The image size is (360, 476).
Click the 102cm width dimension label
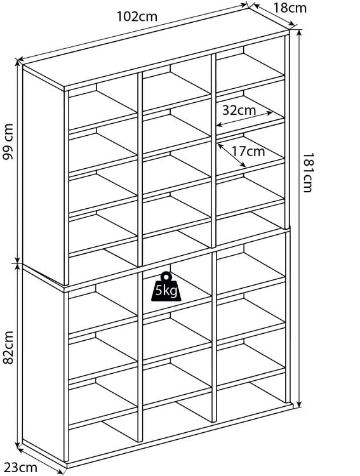click(x=137, y=16)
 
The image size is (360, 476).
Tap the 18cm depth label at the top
click(x=290, y=8)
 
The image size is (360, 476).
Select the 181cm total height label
click(x=308, y=173)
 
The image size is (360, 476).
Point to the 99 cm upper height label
click(x=8, y=142)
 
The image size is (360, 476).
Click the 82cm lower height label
click(x=8, y=347)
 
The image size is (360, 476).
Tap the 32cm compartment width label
click(x=239, y=110)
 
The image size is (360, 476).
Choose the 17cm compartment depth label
click(x=248, y=151)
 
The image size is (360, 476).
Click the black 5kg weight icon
click(x=166, y=287)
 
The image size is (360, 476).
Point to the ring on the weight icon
click(x=166, y=276)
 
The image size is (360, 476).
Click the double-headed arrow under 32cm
click(x=244, y=119)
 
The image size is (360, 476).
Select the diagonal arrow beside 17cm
click(x=232, y=155)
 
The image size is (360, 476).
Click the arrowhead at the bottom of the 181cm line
click(x=299, y=404)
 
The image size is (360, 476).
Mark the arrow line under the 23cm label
click(x=41, y=460)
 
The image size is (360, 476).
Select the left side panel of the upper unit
click(x=43, y=176)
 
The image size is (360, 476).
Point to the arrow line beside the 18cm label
click(x=273, y=14)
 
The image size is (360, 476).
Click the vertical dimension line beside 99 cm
click(x=18, y=162)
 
